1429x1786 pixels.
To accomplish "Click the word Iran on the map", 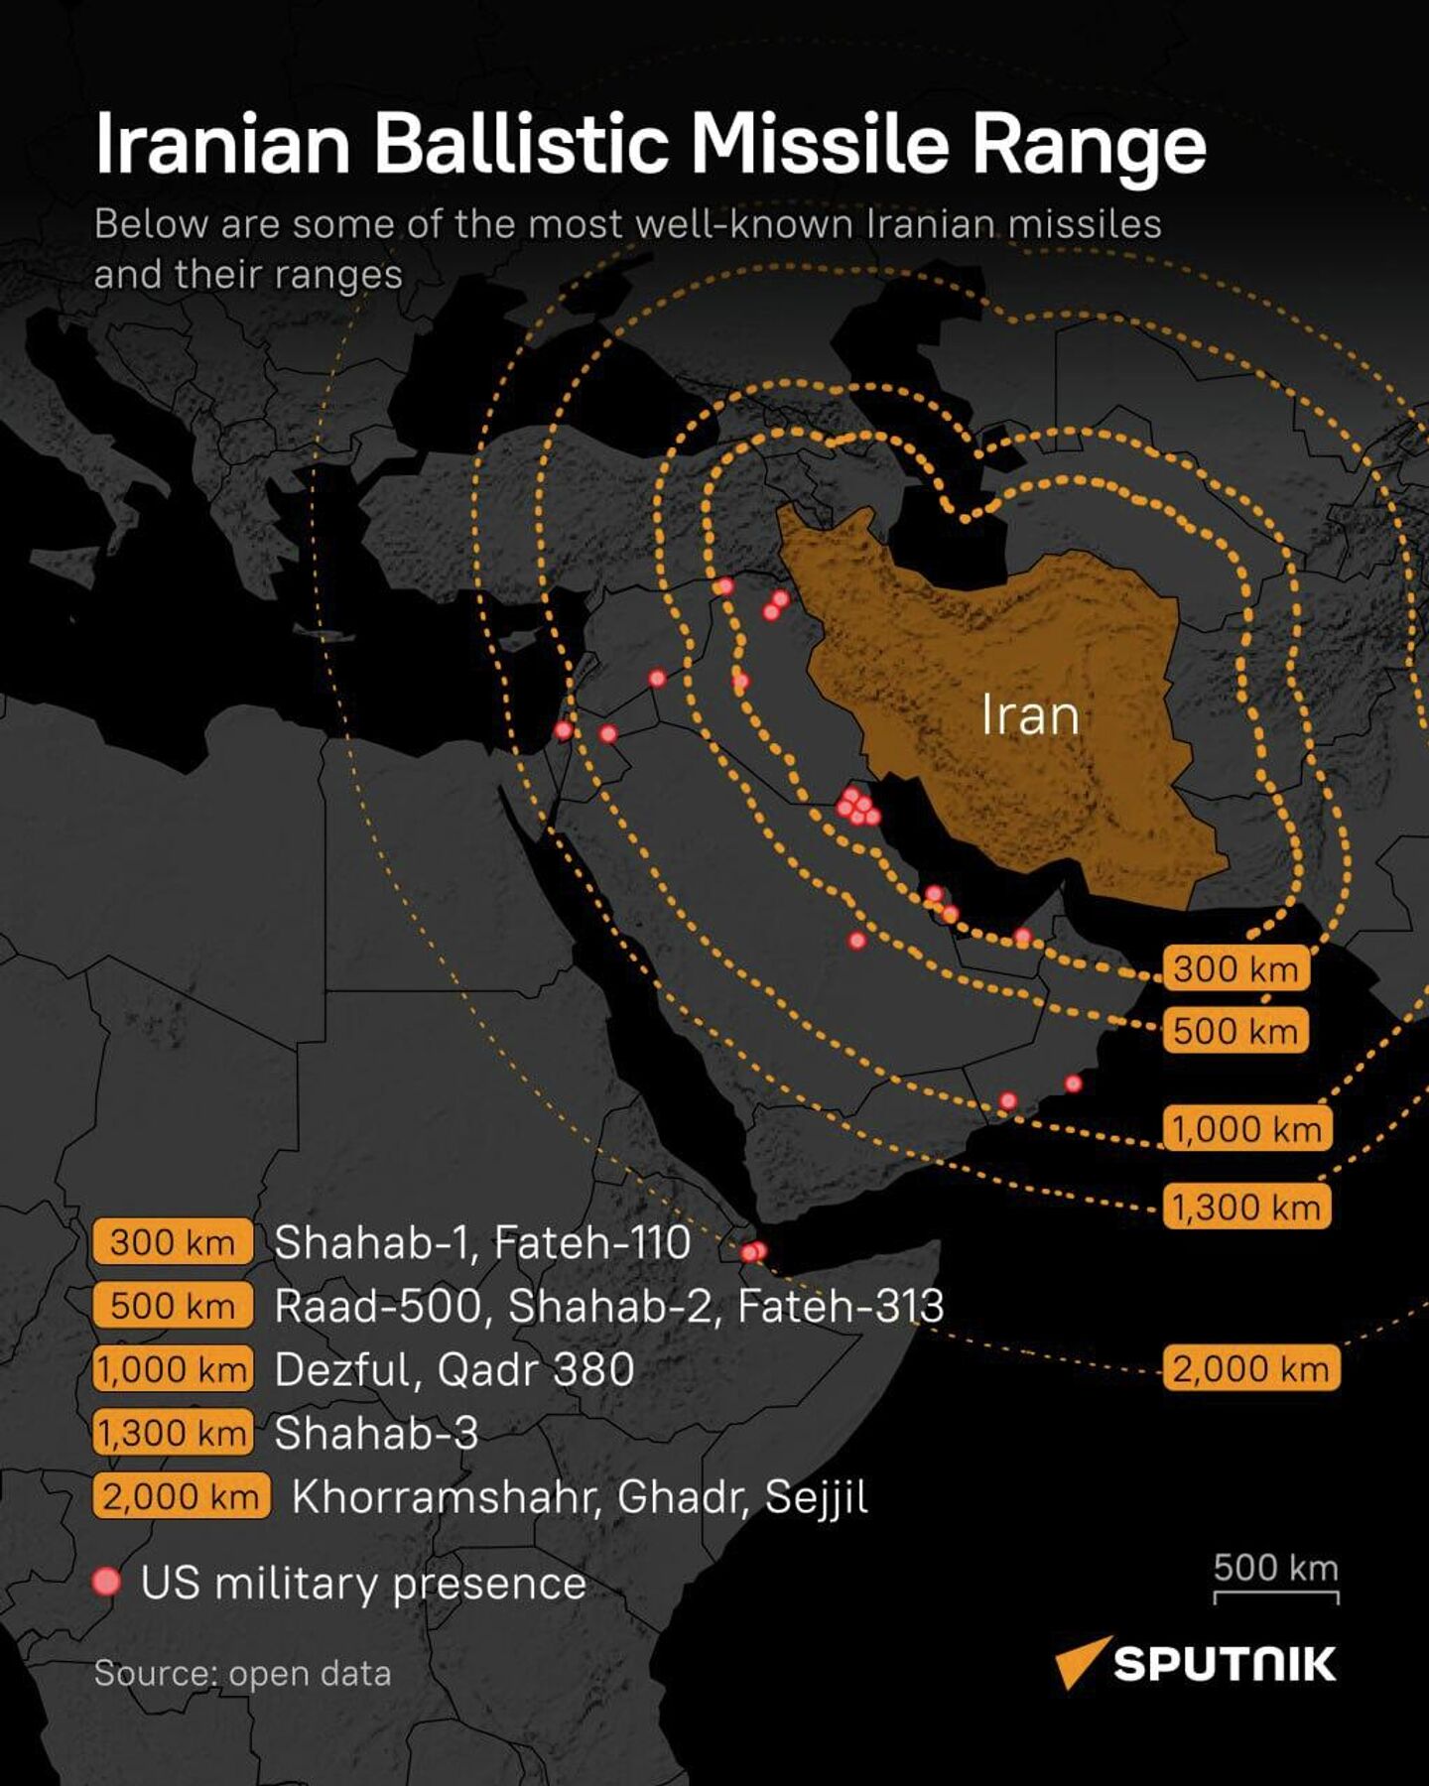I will coord(1029,714).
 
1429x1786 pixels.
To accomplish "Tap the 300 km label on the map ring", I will coord(1235,968).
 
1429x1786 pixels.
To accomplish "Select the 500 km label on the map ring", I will coord(1235,1031).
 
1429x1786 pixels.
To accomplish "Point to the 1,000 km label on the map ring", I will coord(1246,1129).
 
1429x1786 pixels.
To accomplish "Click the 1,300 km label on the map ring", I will coord(1246,1207).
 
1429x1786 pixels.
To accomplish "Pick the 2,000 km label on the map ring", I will coord(1250,1369).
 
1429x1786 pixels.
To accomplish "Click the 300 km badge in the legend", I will coord(172,1242).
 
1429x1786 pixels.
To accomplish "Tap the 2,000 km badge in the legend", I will coord(181,1496).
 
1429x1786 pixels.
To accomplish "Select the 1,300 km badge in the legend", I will coord(172,1433).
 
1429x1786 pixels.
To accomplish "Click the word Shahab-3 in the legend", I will coord(376,1433).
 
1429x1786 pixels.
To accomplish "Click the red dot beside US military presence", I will coord(106,1582).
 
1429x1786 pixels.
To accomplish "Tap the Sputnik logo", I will coord(1195,1663).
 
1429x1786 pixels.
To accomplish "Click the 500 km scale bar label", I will coord(1275,1568).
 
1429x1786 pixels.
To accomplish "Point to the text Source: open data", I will coord(242,1674).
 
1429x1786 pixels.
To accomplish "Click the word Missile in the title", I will coord(820,144).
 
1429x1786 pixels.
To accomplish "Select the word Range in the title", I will coord(1088,146).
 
